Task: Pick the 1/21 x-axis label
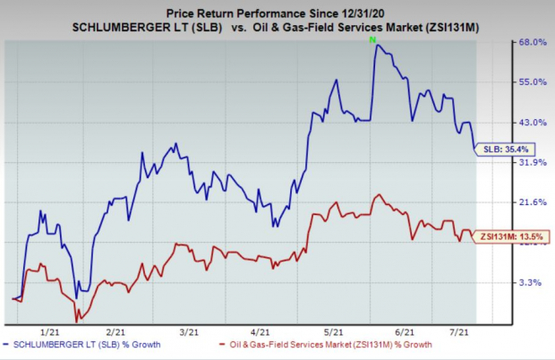tap(50, 330)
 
